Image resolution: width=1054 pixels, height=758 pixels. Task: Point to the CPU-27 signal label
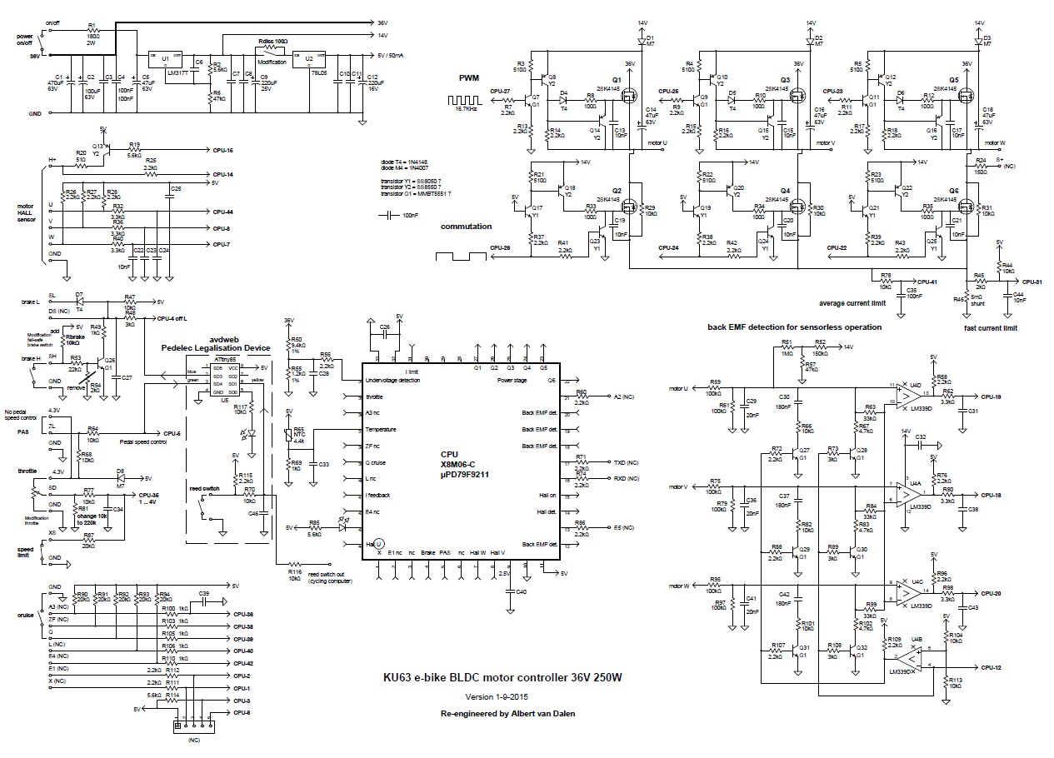500,91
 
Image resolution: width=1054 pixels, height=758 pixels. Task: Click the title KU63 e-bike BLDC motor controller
502,678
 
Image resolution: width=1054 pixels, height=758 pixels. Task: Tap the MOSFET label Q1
617,80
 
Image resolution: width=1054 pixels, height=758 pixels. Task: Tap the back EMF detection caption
794,327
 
